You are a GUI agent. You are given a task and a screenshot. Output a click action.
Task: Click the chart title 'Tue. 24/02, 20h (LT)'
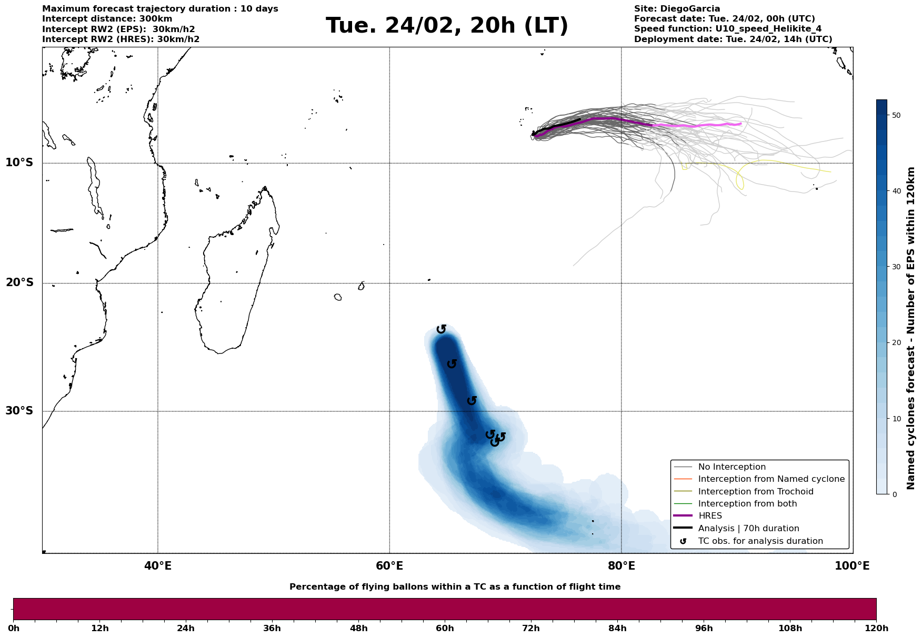[x=447, y=26]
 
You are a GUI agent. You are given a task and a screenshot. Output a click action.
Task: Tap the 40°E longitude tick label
[x=157, y=566]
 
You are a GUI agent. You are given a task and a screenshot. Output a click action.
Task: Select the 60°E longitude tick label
[x=389, y=566]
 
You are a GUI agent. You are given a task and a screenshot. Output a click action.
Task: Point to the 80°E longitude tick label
[x=621, y=566]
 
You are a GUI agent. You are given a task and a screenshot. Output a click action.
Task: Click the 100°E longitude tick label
[x=852, y=566]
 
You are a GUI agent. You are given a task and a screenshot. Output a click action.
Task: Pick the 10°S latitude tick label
[x=19, y=163]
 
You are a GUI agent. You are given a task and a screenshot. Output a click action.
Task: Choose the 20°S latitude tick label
[x=19, y=283]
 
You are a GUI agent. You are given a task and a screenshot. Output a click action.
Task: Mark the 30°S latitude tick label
[x=19, y=411]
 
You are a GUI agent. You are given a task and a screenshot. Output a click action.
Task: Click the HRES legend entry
[x=710, y=516]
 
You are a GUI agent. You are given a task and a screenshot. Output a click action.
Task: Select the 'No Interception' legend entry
[x=731, y=467]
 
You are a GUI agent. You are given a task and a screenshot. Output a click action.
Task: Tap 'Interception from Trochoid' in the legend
[x=755, y=492]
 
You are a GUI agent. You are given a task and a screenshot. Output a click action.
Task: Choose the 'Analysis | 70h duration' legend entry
[x=748, y=529]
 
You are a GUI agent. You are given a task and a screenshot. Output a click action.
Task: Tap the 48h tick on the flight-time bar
[x=358, y=628]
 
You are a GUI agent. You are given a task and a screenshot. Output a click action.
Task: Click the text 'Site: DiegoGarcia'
[x=677, y=9]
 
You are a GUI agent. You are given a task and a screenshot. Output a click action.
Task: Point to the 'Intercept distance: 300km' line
[x=107, y=19]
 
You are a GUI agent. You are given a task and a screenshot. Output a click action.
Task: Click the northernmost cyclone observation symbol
[x=442, y=329]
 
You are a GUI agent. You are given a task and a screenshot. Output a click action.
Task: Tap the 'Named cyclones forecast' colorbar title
[x=911, y=328]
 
